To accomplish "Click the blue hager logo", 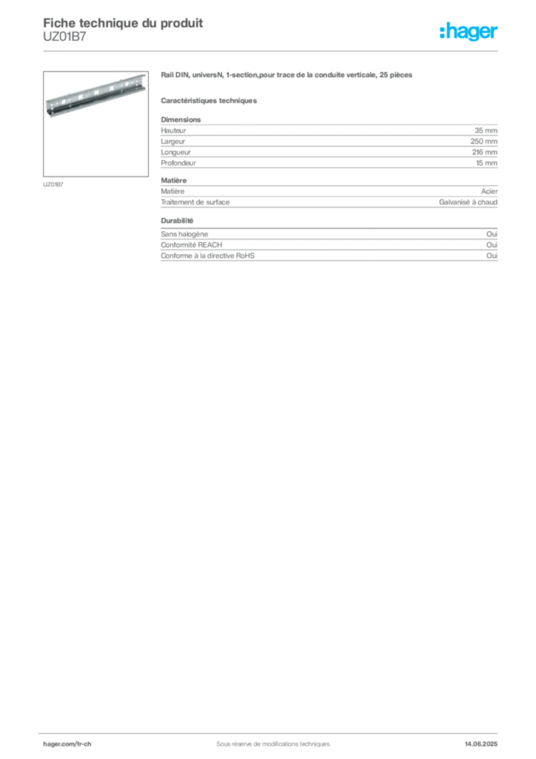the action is click(x=470, y=33).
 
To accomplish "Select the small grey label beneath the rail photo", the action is click(x=53, y=184).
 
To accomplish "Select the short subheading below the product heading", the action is click(x=210, y=100).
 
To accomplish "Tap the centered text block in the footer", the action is click(x=267, y=740).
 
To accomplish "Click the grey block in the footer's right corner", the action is click(x=486, y=739).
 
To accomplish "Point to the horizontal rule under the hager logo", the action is click(x=272, y=52).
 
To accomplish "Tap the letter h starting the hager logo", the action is click(x=443, y=32).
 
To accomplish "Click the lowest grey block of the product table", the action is click(x=328, y=251).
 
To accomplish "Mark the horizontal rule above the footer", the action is click(x=272, y=729).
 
